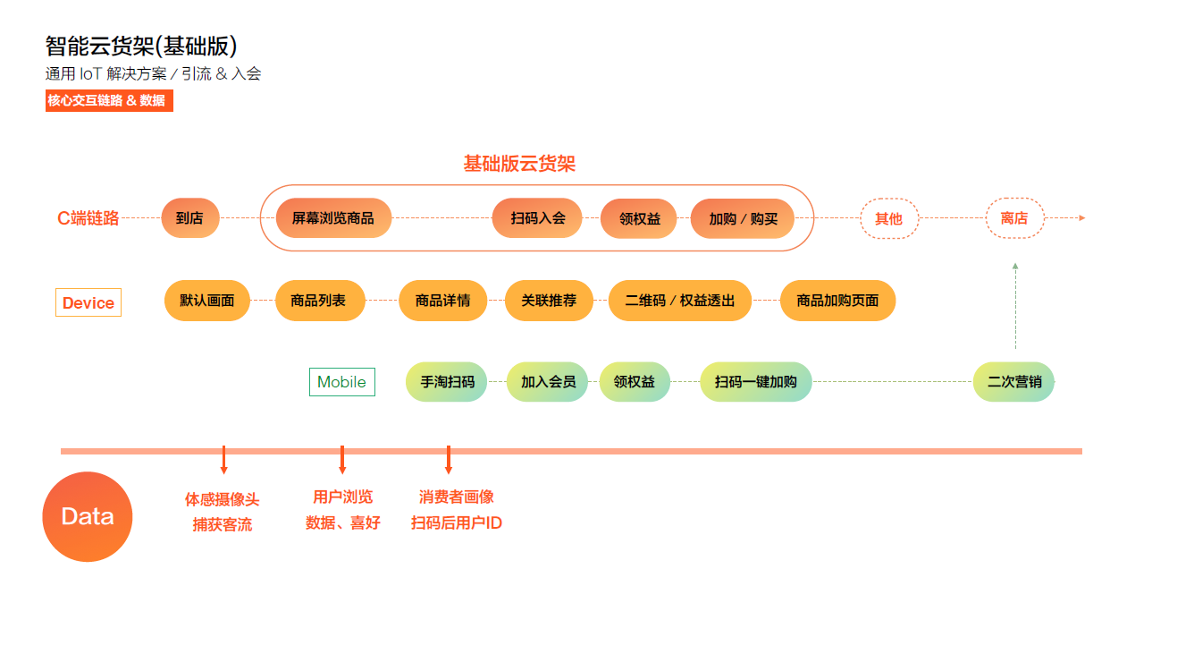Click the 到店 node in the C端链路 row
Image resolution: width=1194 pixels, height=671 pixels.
189,218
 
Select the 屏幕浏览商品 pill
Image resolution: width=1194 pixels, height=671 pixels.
333,218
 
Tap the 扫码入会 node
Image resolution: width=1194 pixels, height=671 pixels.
537,218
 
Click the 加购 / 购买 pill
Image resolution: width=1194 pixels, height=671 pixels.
743,218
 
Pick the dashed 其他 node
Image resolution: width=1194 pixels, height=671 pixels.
888,218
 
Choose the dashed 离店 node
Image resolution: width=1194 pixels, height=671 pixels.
1014,218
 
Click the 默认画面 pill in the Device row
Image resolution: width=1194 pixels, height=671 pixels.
207,301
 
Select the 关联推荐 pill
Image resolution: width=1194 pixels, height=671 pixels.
549,301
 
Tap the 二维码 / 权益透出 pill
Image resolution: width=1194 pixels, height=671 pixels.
680,301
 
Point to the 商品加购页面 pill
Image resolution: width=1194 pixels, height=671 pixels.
837,301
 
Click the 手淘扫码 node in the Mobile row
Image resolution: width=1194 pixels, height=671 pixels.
447,382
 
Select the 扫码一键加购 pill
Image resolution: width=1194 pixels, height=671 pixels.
755,382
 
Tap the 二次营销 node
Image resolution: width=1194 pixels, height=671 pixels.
1013,382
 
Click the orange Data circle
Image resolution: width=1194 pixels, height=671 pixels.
88,516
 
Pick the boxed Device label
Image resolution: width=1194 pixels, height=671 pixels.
88,303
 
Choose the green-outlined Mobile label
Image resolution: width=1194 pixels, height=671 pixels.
341,382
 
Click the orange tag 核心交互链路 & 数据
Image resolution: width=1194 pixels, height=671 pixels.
108,101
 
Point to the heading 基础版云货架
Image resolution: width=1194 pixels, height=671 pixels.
518,164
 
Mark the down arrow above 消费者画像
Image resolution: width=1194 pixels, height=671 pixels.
448,460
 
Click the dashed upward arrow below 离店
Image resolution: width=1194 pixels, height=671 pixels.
1015,304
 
